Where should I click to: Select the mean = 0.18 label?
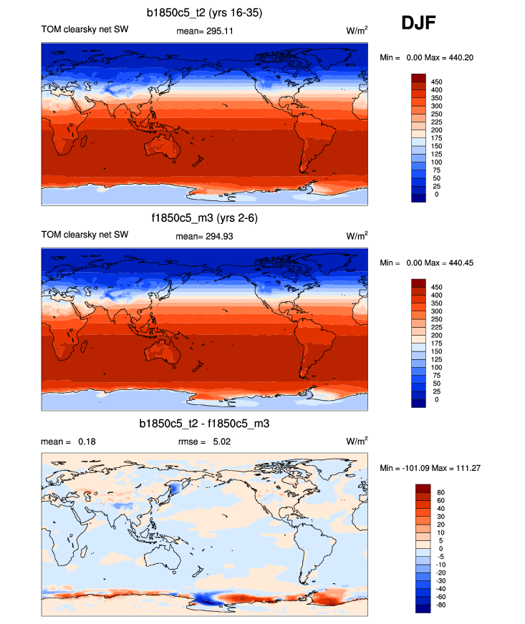tap(69, 442)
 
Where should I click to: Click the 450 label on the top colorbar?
tap(436, 82)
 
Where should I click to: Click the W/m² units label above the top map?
tap(357, 31)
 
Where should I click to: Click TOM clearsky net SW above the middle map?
tap(85, 235)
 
